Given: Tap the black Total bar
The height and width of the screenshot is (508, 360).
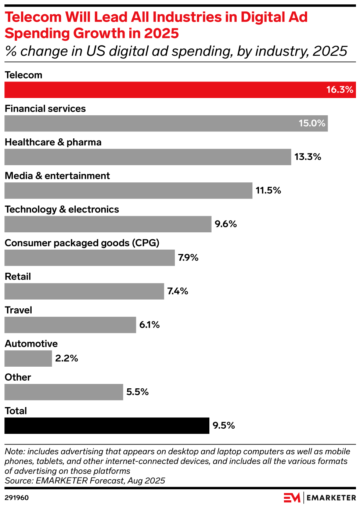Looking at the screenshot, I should pyautogui.click(x=107, y=426).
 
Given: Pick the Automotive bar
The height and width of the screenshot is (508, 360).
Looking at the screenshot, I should pyautogui.click(x=28, y=359).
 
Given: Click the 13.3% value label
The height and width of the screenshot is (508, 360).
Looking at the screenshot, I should pyautogui.click(x=307, y=157).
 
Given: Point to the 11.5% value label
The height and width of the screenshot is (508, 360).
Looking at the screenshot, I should pyautogui.click(x=268, y=190).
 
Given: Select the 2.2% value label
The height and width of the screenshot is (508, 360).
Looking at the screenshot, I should pyautogui.click(x=66, y=359).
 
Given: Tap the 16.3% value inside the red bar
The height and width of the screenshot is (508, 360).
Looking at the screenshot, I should pyautogui.click(x=339, y=90).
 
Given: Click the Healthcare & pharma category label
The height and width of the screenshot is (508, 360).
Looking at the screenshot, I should pyautogui.click(x=53, y=142).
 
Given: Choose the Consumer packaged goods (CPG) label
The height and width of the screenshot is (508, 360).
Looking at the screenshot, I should pyautogui.click(x=82, y=243).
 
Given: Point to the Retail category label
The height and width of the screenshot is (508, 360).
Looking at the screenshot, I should pyautogui.click(x=18, y=277).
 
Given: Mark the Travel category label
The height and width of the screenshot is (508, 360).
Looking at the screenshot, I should pyautogui.click(x=18, y=310).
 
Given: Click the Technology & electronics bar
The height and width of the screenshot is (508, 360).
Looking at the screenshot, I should pyautogui.click(x=108, y=224).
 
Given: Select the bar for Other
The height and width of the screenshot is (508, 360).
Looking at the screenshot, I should pyautogui.click(x=64, y=392).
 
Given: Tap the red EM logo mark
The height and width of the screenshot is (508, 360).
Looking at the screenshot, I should pyautogui.click(x=292, y=498).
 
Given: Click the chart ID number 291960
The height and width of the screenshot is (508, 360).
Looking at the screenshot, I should pyautogui.click(x=17, y=498).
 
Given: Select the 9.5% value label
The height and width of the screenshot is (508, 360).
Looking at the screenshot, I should pyautogui.click(x=223, y=426).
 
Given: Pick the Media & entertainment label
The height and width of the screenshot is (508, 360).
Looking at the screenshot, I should pyautogui.click(x=57, y=176).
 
